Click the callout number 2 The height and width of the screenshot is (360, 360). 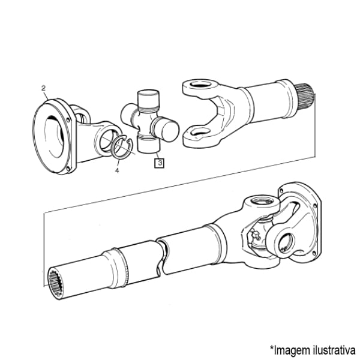(44, 88)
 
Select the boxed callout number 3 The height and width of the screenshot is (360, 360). (160, 163)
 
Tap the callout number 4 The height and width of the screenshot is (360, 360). (117, 170)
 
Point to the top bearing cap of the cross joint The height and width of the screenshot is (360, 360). (148, 99)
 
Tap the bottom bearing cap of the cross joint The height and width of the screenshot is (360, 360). (148, 145)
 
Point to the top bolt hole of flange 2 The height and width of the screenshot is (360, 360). (67, 119)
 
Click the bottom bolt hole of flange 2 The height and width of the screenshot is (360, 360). (67, 169)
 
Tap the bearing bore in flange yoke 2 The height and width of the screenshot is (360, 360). (108, 140)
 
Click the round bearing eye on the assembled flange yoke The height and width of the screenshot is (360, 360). (286, 243)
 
